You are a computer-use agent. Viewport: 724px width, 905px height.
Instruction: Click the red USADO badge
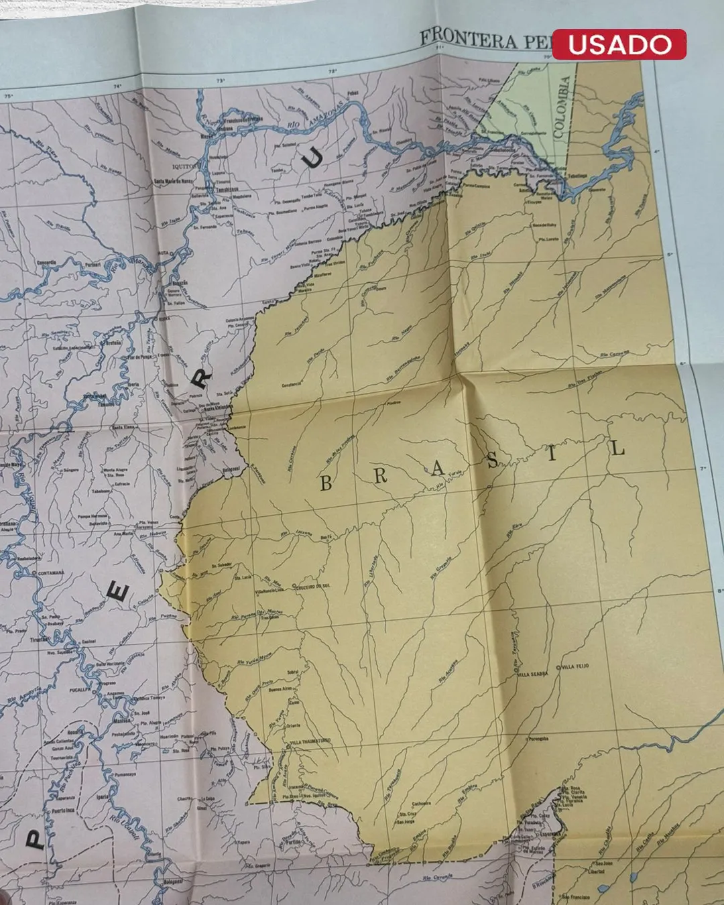click(x=619, y=44)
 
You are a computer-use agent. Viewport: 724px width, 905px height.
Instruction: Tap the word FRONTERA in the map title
click(x=469, y=39)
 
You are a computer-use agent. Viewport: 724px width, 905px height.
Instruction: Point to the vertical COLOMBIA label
click(x=562, y=107)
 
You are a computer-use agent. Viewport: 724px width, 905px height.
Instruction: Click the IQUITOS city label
click(x=186, y=165)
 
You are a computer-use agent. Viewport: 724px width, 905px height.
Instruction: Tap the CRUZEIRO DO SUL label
click(x=312, y=586)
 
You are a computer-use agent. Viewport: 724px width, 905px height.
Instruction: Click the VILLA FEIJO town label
click(x=575, y=666)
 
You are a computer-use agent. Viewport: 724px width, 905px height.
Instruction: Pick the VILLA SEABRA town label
click(x=532, y=674)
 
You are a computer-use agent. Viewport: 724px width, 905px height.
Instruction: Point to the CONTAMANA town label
click(x=51, y=573)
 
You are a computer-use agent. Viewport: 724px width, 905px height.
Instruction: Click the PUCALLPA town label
click(x=80, y=688)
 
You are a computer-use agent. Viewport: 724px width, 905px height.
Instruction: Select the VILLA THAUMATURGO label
click(x=310, y=741)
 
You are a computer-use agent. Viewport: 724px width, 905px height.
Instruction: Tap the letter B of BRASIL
click(x=326, y=483)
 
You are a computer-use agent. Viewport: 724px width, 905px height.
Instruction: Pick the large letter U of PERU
click(x=312, y=158)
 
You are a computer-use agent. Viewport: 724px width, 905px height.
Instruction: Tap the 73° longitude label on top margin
click(x=221, y=81)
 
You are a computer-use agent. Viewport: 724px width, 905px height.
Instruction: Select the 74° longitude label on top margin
click(x=117, y=86)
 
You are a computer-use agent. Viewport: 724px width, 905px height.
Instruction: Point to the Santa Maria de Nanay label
click(x=174, y=181)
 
